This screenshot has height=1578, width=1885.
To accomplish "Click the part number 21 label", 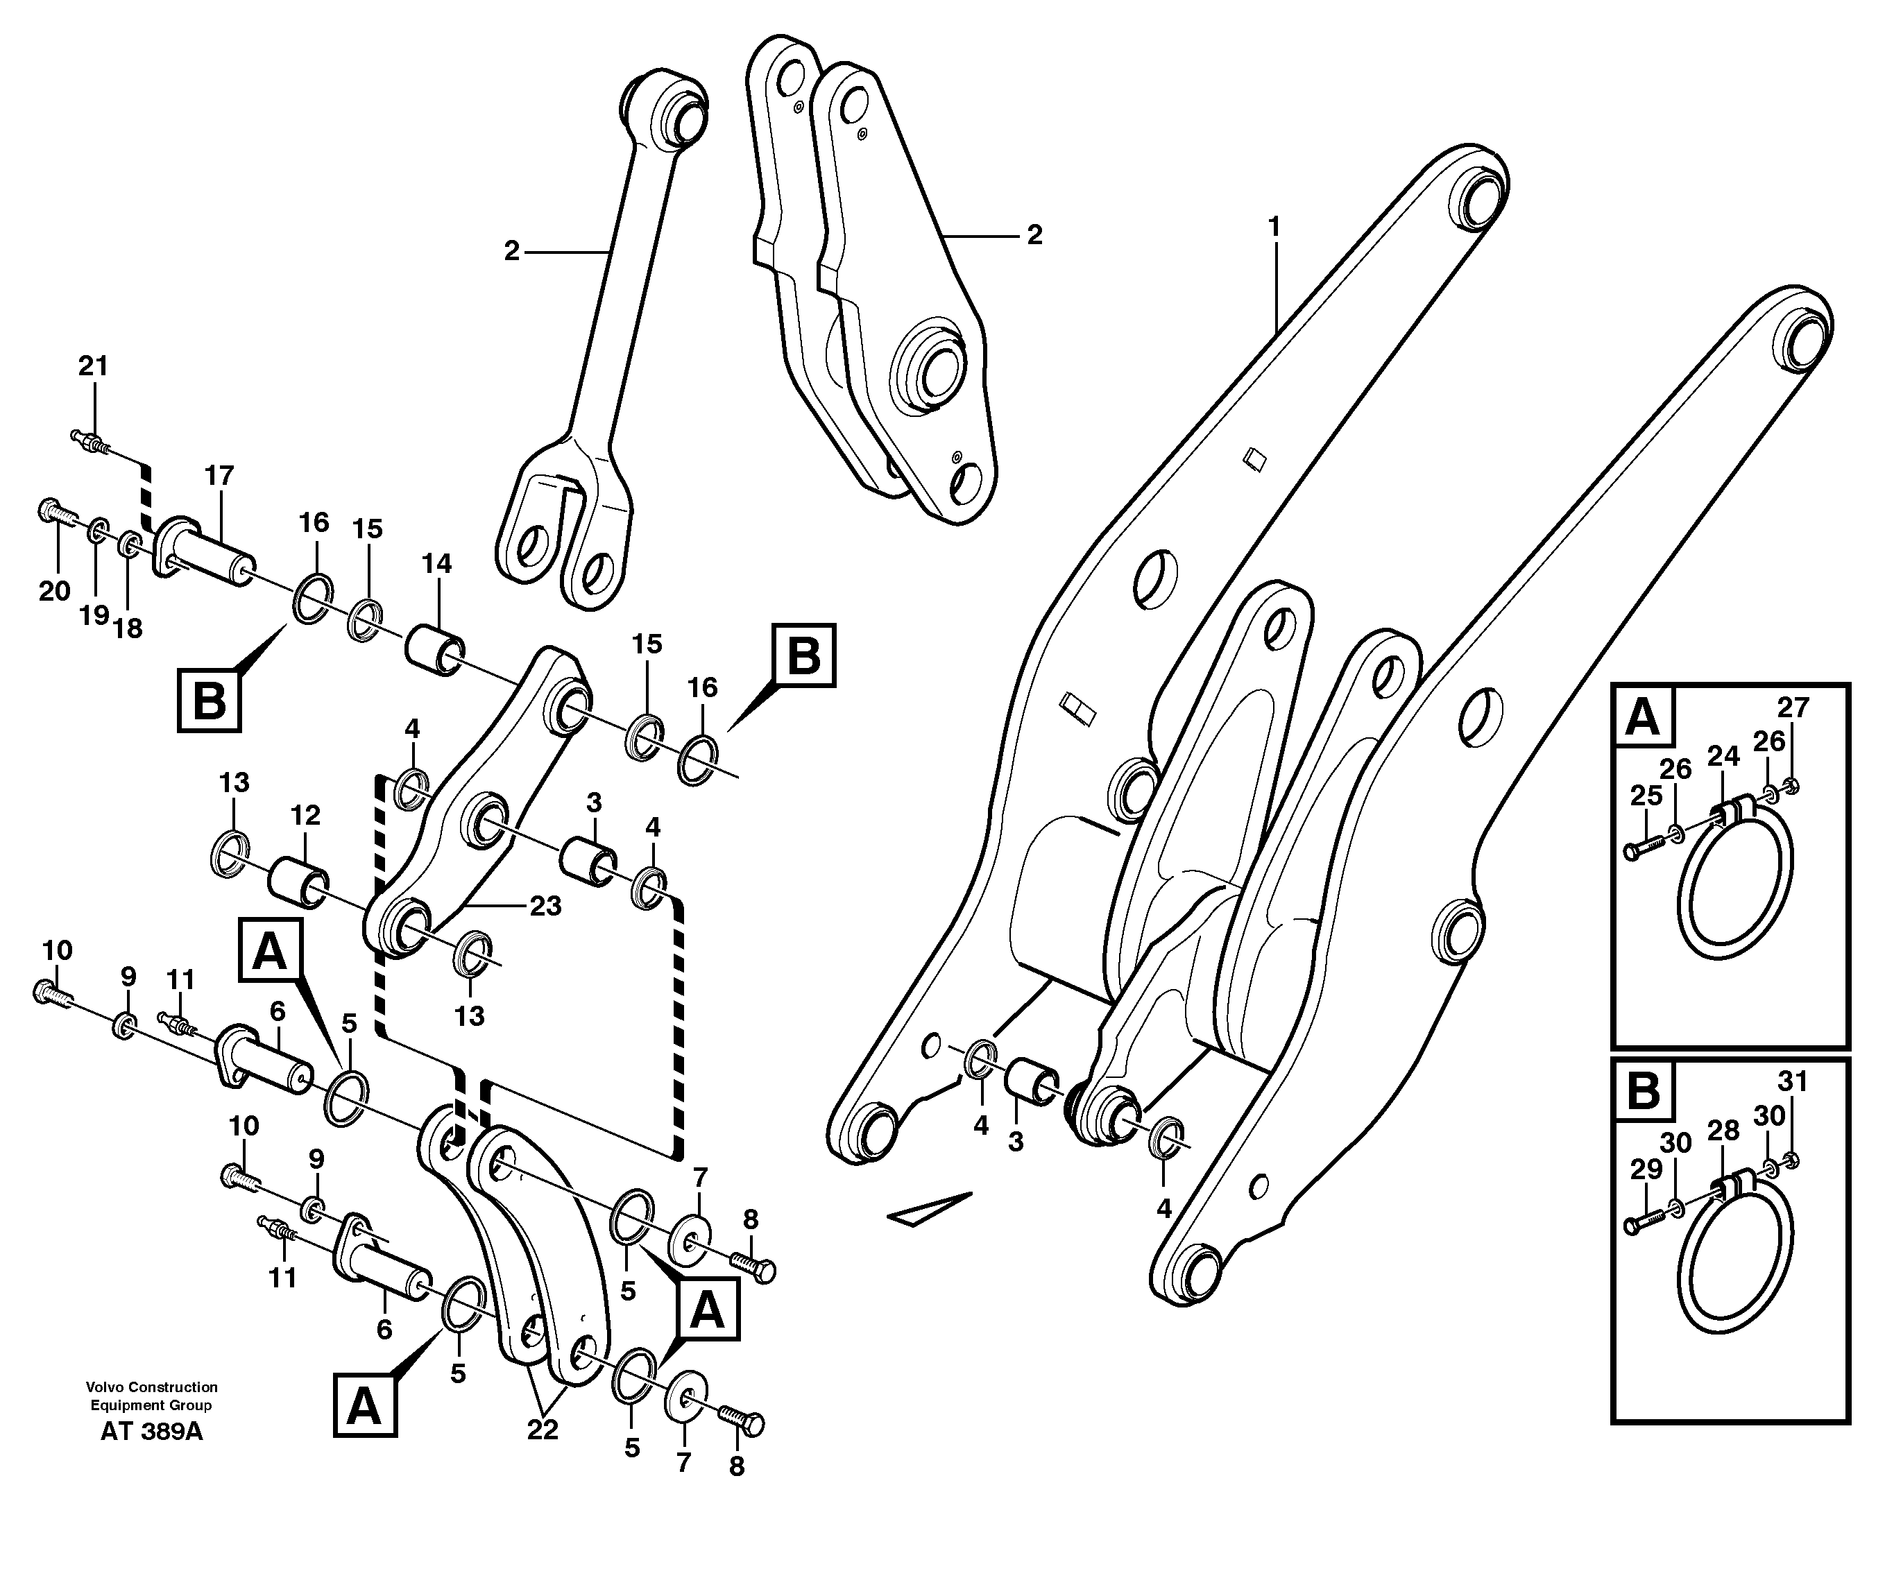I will tap(92, 366).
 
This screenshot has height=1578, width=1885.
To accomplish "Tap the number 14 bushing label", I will tap(436, 564).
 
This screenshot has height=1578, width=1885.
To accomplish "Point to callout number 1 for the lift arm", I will tap(1273, 226).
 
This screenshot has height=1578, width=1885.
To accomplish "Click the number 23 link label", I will tap(545, 906).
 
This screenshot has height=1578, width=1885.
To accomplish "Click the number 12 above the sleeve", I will tap(305, 815).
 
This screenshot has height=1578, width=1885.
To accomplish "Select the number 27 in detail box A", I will tap(1793, 707).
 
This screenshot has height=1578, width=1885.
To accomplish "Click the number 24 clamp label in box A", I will tap(1723, 757).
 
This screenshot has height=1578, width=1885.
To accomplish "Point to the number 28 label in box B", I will tap(1723, 1131).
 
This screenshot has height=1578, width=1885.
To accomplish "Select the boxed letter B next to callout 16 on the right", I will tap(803, 655).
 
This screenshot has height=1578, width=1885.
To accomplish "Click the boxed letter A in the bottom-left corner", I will tap(364, 1407).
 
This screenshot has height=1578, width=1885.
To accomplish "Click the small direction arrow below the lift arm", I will tap(930, 1209).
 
